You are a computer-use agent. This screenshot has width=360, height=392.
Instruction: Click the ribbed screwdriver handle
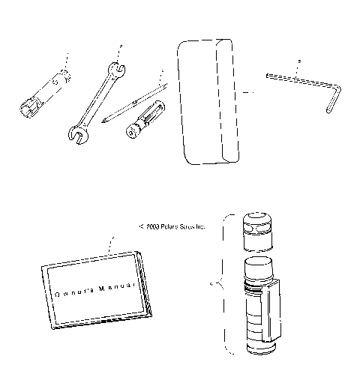[145, 118]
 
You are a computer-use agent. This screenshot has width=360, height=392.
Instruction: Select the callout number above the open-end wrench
[119, 46]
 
